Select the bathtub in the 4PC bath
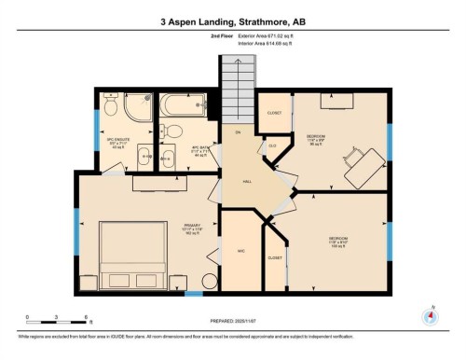(x=192, y=104)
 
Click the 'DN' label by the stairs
(x=237, y=132)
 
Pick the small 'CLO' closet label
(x=272, y=146)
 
